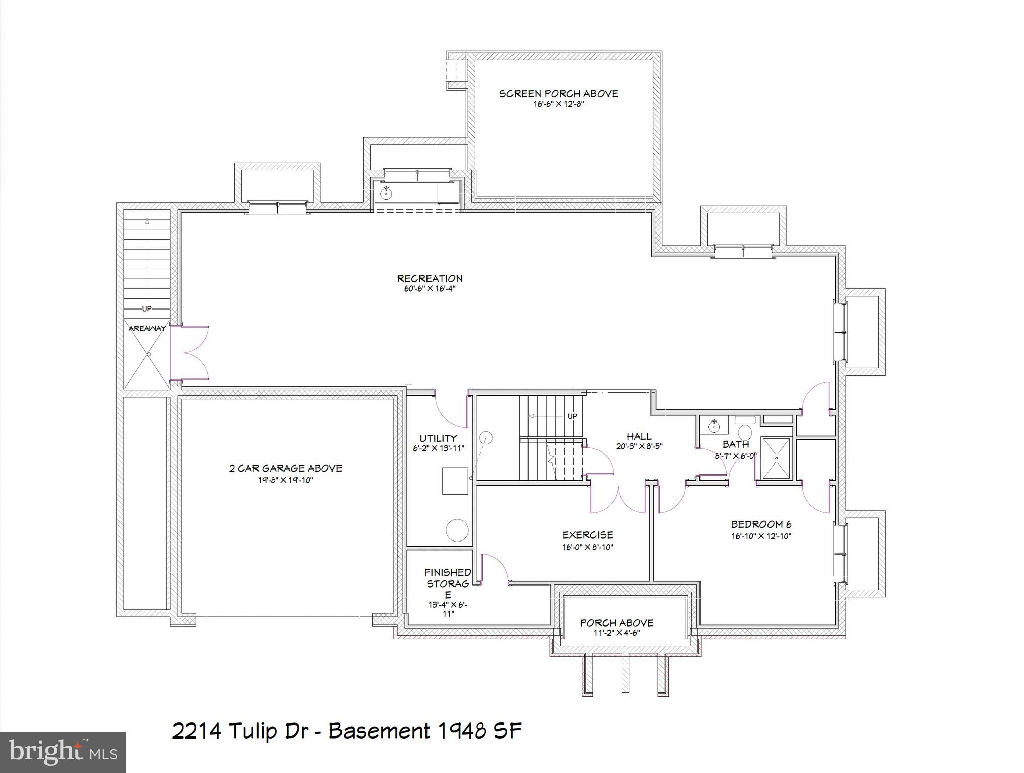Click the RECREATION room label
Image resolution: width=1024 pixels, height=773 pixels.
430,278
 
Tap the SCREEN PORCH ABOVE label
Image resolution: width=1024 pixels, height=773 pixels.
558,94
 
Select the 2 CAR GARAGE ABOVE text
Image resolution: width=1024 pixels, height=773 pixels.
286,468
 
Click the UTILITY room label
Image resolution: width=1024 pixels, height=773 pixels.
438,438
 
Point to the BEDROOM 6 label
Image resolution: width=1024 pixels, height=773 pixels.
761,524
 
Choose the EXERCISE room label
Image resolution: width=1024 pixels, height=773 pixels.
587,535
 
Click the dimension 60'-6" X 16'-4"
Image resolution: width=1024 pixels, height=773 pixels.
430,289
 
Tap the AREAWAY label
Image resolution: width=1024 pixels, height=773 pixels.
147,328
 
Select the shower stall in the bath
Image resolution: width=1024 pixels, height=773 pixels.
776,458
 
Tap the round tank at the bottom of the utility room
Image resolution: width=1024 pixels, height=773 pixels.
457,530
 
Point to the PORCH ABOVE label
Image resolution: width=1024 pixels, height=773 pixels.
617,623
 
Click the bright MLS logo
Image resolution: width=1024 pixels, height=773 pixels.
62,752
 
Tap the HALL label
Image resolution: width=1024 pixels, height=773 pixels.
639,436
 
